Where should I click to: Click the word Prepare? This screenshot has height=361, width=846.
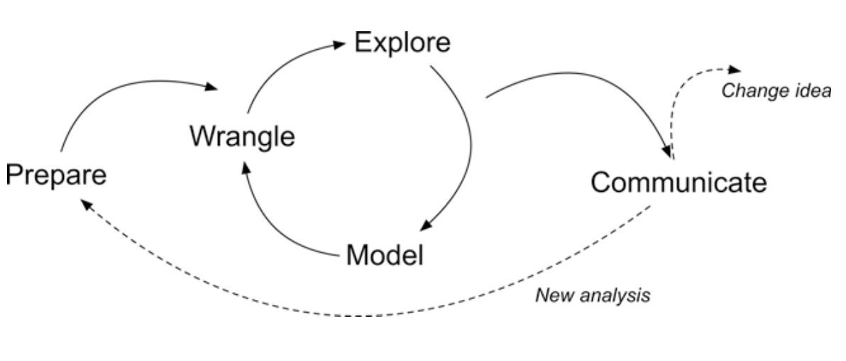[56, 174]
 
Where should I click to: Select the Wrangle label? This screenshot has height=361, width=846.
[241, 136]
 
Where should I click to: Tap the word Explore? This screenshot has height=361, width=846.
[402, 43]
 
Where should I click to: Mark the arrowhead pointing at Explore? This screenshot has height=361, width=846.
[340, 44]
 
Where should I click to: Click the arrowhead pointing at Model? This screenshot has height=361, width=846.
[424, 226]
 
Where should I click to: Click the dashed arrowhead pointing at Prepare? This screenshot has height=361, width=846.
[84, 203]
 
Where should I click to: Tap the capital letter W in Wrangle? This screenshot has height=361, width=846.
[202, 136]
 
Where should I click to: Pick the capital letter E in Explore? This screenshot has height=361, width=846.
[362, 43]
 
